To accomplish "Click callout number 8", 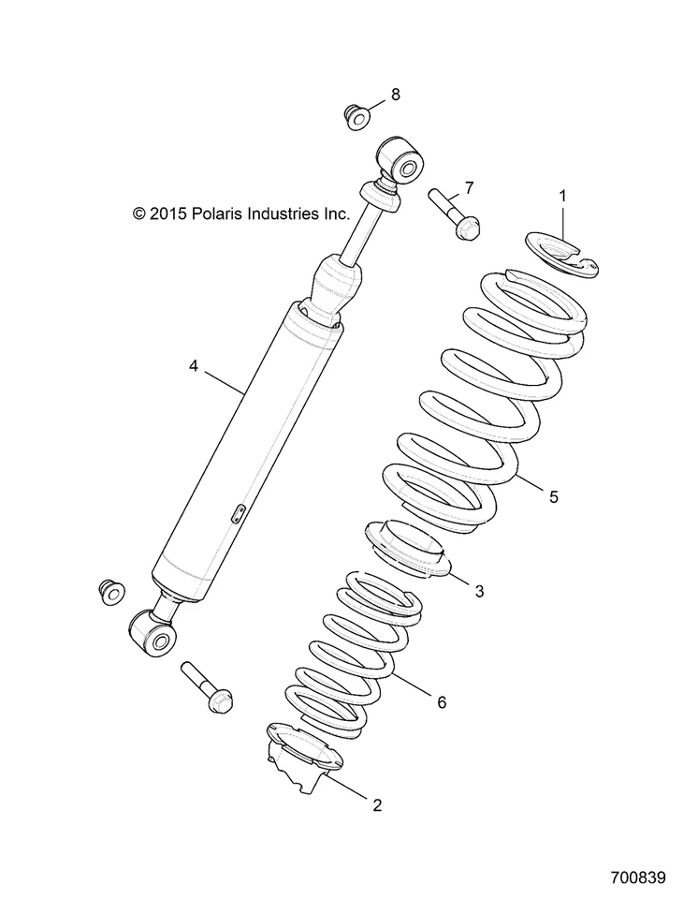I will (396, 94).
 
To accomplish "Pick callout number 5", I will (553, 497).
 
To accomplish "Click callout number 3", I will (479, 591).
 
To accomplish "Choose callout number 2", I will (377, 803).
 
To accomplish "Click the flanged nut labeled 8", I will (356, 120).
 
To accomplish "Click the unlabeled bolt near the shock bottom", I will (207, 688).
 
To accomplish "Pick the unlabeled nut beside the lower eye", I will (111, 592).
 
